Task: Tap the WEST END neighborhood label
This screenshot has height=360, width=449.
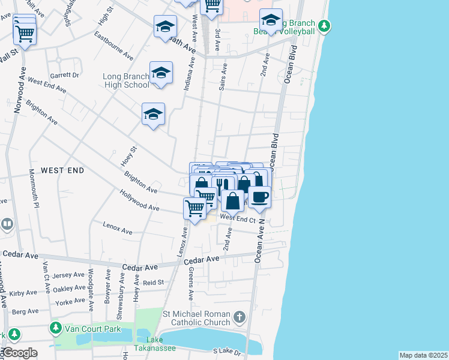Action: point(62,171)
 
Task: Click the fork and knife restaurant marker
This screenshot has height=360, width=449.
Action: point(223,184)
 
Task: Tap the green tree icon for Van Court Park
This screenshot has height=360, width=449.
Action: point(56,328)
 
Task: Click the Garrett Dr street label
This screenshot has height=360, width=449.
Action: point(64,76)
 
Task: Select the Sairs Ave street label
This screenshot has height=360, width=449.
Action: point(223,77)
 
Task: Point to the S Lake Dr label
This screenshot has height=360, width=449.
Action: point(229,352)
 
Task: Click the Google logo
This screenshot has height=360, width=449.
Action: point(19,353)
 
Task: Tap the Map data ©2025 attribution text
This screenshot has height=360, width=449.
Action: point(423,355)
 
